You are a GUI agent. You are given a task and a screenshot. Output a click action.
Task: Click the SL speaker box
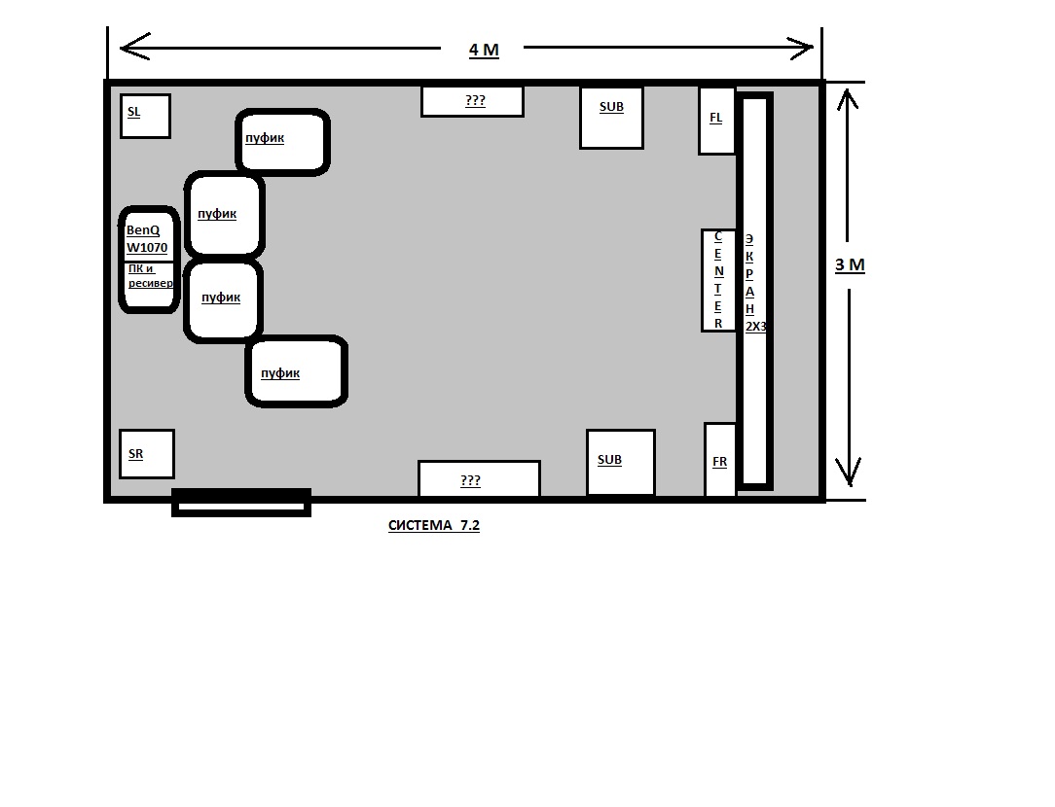coord(145,117)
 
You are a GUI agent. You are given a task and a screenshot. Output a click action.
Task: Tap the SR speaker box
coord(147,454)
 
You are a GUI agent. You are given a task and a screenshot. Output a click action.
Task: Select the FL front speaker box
coord(716,121)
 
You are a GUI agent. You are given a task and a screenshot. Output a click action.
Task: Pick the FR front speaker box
coord(720,460)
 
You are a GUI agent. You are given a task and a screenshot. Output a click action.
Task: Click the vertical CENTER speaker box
coord(718,280)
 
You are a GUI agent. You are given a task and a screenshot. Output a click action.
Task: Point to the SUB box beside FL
coord(611,118)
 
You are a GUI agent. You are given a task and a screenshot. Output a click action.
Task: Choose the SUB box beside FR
coord(620,462)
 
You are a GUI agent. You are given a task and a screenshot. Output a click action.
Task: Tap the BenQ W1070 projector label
coord(147,238)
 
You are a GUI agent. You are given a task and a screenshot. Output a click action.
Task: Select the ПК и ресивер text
coord(150,275)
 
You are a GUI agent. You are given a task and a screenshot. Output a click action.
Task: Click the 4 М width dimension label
coord(484,51)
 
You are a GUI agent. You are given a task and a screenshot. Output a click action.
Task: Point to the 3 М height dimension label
coord(850,265)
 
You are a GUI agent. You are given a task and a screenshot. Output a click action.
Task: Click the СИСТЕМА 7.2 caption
coord(434,525)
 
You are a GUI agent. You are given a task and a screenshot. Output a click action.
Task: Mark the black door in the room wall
coord(241,503)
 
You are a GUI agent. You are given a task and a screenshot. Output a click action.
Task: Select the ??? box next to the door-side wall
coord(479,479)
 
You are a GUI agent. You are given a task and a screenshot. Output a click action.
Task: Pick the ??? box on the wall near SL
coord(472,101)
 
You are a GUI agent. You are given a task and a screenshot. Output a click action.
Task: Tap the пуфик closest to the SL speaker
coord(282,142)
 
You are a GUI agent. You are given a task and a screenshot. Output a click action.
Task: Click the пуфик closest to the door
coord(296,371)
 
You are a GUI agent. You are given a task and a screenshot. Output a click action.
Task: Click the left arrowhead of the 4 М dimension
coord(134,47)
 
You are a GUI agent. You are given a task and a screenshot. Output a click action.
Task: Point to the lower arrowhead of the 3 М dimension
coord(849,473)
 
